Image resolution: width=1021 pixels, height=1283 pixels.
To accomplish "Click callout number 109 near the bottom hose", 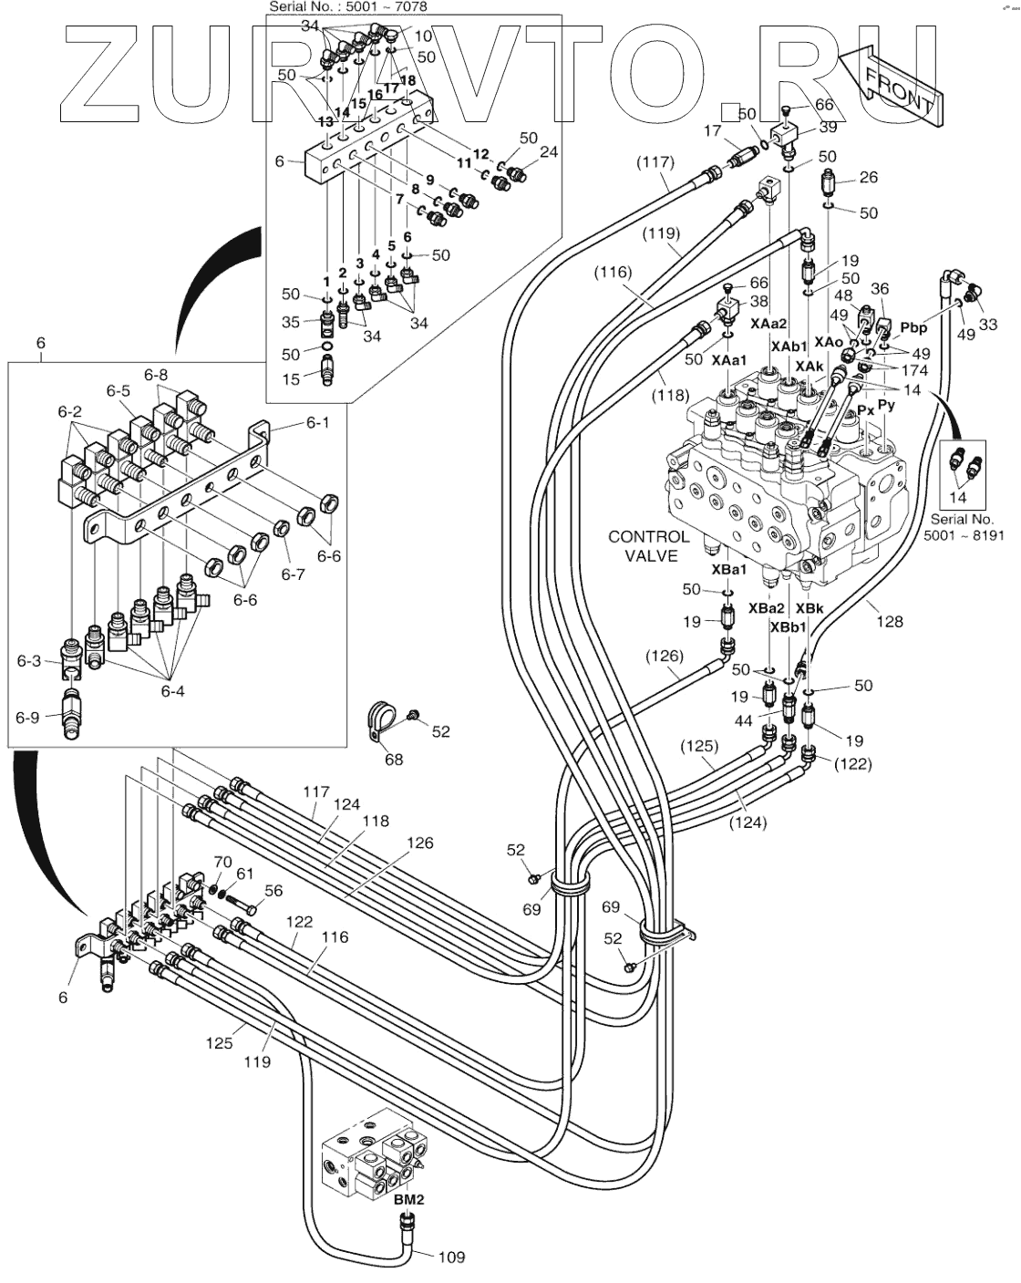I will [450, 1257].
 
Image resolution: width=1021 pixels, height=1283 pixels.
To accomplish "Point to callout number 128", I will [890, 621].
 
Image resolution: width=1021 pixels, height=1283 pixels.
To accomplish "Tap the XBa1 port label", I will [729, 570].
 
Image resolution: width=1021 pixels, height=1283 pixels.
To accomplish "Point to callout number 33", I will [986, 324].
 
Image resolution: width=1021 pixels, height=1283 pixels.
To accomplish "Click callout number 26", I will [868, 177].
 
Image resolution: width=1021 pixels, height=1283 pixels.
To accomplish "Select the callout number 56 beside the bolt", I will [273, 892].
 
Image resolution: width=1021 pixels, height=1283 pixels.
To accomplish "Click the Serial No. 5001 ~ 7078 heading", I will [347, 6].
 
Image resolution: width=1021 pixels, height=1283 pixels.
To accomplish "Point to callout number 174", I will [913, 370].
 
